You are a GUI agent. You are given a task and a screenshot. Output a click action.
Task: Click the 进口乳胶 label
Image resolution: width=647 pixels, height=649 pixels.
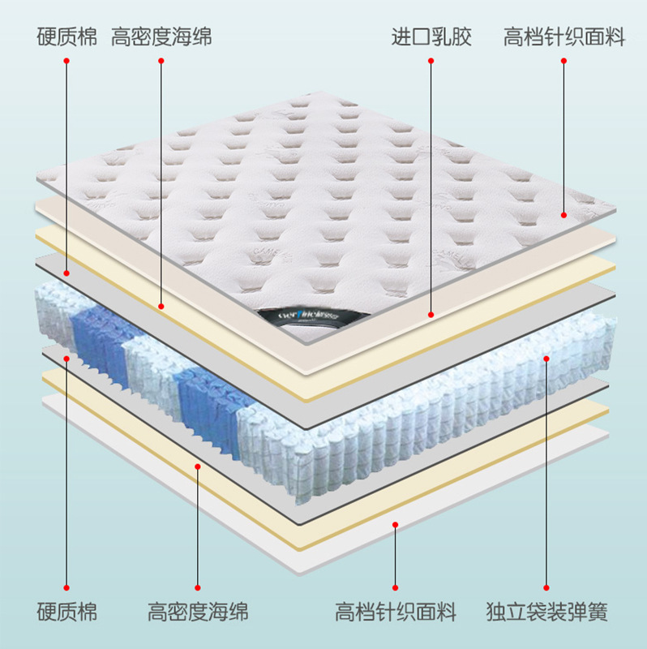click(431, 37)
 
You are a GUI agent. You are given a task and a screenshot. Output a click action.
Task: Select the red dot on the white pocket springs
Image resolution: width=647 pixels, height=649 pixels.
click(546, 358)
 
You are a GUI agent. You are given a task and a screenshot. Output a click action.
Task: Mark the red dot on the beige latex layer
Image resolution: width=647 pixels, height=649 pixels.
click(431, 314)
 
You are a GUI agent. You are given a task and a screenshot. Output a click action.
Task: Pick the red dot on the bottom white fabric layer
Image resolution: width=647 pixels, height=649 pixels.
click(395, 526)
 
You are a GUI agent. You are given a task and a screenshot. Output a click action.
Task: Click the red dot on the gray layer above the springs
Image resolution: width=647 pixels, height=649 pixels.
click(66, 274)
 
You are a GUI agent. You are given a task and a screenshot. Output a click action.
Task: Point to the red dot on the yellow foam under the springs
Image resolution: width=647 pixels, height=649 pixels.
click(198, 466)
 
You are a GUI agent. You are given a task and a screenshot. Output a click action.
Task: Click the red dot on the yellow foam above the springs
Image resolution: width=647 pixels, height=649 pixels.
click(161, 306)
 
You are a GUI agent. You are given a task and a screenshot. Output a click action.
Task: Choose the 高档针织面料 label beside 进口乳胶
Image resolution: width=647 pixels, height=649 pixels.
click(564, 37)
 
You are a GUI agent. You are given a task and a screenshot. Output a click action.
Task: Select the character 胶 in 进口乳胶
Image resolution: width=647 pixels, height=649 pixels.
click(461, 37)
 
